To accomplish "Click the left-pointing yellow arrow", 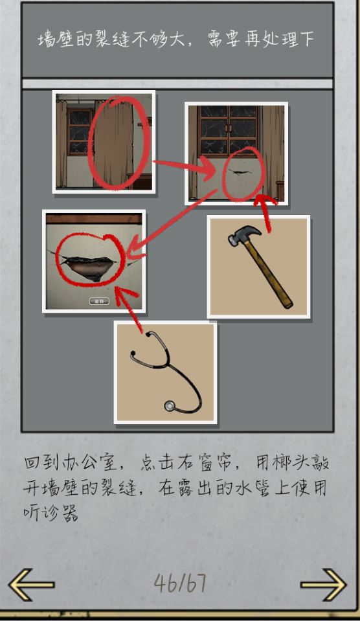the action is (x=31, y=585).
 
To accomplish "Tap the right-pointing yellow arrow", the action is (x=323, y=585).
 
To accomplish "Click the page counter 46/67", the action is (x=180, y=583).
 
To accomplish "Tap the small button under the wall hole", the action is (x=98, y=301).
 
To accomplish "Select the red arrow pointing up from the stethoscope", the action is (x=129, y=306).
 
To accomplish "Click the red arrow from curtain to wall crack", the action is (x=183, y=166).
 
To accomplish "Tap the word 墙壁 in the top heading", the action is (x=54, y=40).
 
